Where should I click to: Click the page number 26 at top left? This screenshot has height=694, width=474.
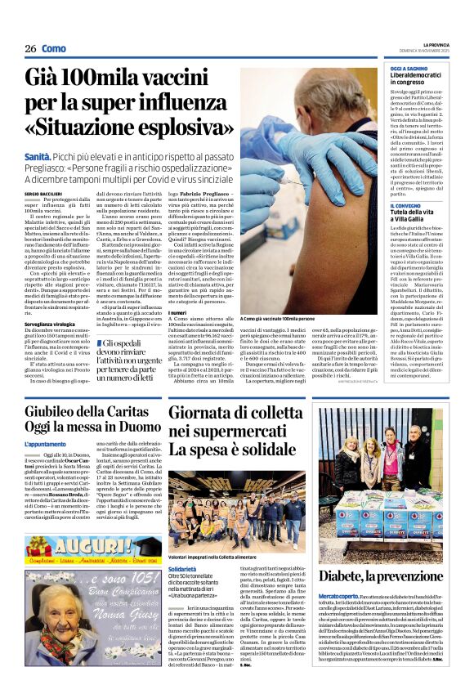pyautogui.click(x=30, y=49)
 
